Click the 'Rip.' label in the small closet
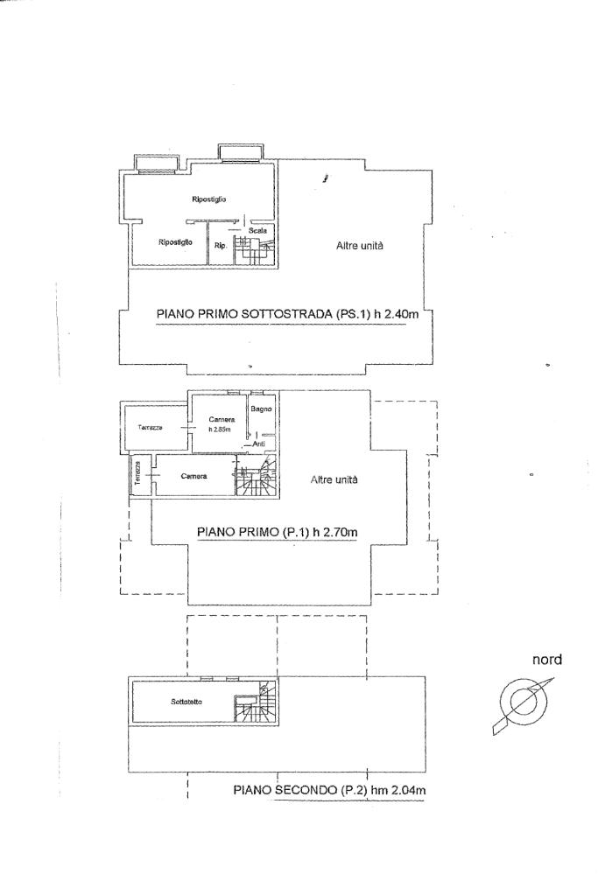pyautogui.click(x=221, y=246)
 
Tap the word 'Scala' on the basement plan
pyautogui.click(x=257, y=230)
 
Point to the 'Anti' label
pyautogui.click(x=258, y=444)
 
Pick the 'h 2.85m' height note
pyautogui.click(x=219, y=430)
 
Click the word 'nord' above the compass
pyautogui.click(x=547, y=661)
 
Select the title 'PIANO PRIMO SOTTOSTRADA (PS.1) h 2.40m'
pyautogui.click(x=283, y=314)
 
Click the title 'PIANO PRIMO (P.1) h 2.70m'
pyautogui.click(x=278, y=530)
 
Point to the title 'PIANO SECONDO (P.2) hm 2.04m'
pyautogui.click(x=328, y=790)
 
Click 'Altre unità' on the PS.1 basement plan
pyautogui.click(x=360, y=247)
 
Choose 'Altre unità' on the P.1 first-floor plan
pyautogui.click(x=334, y=480)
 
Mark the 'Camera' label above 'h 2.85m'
pyautogui.click(x=222, y=419)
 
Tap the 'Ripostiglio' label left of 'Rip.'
pyautogui.click(x=175, y=242)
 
